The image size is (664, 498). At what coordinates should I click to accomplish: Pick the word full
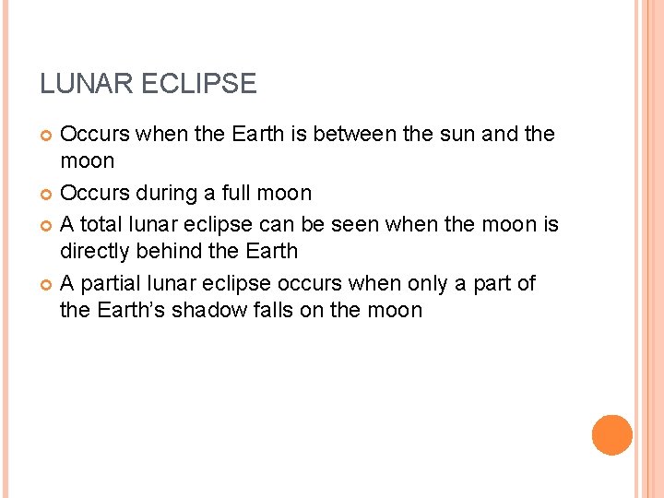coord(243,194)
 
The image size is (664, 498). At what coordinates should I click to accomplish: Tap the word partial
coord(108,283)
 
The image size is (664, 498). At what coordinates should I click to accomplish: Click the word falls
coord(276,310)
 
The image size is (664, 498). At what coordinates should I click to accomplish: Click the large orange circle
coord(611,435)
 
